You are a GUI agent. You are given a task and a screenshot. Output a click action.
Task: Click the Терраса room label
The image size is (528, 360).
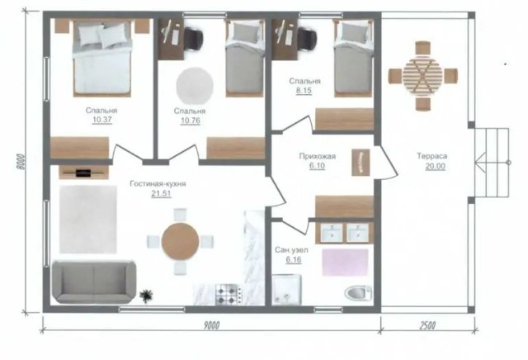(x=430, y=155)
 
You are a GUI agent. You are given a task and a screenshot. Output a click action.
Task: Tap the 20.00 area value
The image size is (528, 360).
(x=430, y=166)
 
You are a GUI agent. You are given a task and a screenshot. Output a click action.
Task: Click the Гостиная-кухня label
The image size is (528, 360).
(x=157, y=183)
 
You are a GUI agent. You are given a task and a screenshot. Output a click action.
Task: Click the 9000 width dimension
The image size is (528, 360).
(x=212, y=326)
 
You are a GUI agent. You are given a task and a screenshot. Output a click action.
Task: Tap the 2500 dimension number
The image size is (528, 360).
(x=427, y=326)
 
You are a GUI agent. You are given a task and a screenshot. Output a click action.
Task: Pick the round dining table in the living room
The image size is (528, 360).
(x=181, y=241)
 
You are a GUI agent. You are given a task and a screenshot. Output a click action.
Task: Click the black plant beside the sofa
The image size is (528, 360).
(x=148, y=293)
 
